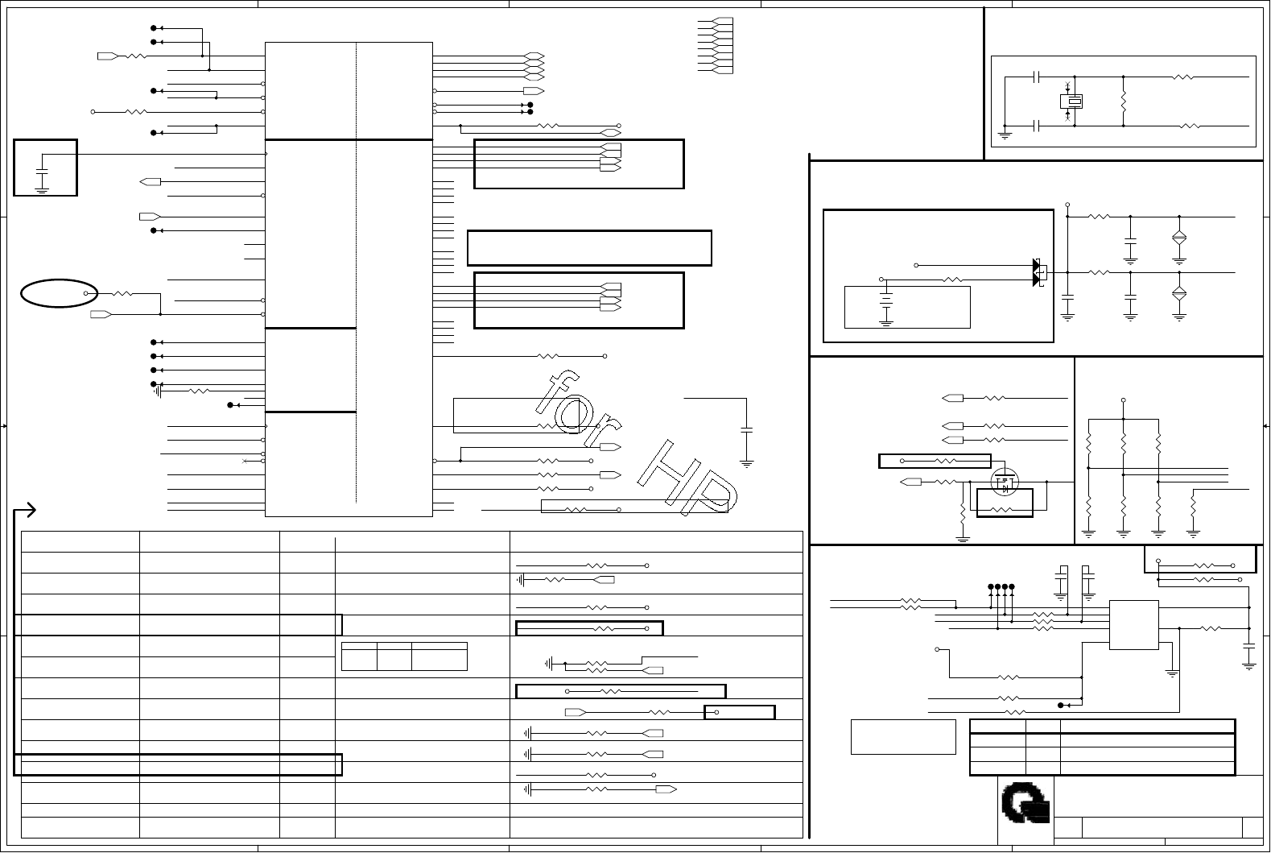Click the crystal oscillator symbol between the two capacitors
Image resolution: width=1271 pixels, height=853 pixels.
point(1071,101)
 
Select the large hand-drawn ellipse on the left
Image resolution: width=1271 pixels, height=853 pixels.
point(59,293)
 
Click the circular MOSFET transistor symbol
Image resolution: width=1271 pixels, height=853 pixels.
point(1004,482)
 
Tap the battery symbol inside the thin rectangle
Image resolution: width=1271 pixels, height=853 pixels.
point(886,305)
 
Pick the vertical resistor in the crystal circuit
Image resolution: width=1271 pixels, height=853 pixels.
point(1123,101)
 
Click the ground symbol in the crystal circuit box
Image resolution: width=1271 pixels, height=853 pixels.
point(1005,133)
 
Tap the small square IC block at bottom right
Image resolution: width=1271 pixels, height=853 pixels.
point(1133,624)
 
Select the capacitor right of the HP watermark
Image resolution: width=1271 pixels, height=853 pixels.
point(746,430)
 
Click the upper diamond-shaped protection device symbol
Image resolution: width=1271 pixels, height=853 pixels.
point(1179,238)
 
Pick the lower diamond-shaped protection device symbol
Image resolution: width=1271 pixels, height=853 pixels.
point(1179,293)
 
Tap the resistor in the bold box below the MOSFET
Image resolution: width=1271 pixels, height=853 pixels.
point(1003,510)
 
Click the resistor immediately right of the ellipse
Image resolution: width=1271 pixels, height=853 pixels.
point(122,293)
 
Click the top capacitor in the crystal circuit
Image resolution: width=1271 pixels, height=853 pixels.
point(1038,77)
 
